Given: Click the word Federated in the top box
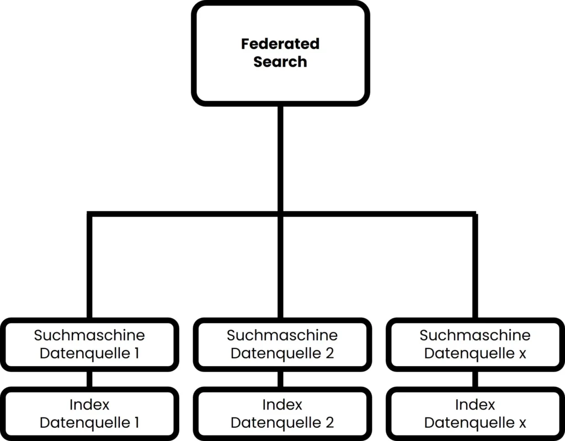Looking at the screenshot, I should [280, 44].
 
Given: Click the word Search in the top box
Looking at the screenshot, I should [280, 62].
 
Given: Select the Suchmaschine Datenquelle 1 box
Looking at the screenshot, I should [89, 344].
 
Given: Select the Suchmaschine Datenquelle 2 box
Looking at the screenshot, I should [281, 344].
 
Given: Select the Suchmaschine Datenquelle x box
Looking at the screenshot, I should [475, 344].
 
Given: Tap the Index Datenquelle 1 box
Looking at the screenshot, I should [89, 413].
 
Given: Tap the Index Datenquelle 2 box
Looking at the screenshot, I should [281, 413].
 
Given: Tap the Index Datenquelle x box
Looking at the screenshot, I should [475, 413].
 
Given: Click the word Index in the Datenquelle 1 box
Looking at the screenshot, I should [89, 405].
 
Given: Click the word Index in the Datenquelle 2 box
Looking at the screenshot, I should [282, 405].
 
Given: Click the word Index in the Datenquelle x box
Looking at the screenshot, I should [475, 405].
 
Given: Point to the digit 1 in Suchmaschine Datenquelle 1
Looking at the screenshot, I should [136, 353].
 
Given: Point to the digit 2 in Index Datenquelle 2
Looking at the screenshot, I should [329, 423].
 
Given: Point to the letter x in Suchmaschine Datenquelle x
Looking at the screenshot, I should [522, 354].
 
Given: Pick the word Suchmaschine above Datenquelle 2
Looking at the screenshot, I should [282, 335].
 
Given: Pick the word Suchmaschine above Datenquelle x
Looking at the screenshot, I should [475, 335].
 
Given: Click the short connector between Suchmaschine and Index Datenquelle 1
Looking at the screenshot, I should [89, 379].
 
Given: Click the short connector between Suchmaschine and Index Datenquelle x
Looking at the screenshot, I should [475, 379].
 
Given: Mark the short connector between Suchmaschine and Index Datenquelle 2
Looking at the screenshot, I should [281, 379].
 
